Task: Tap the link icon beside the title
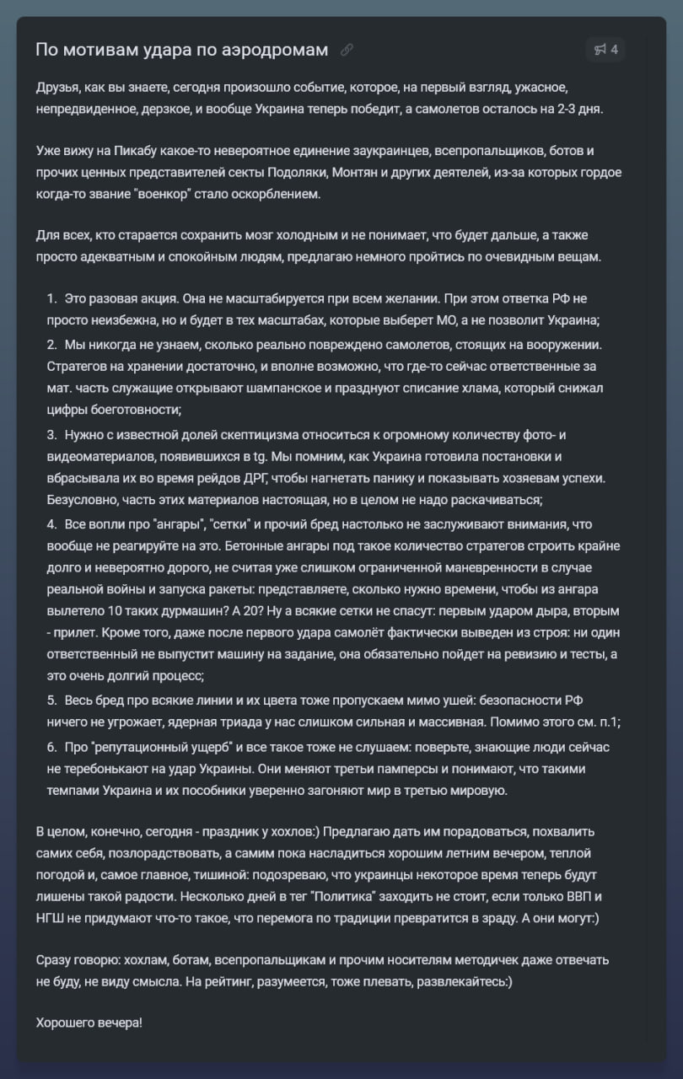point(347,50)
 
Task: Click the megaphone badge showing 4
point(605,50)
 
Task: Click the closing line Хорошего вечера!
point(89,1023)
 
